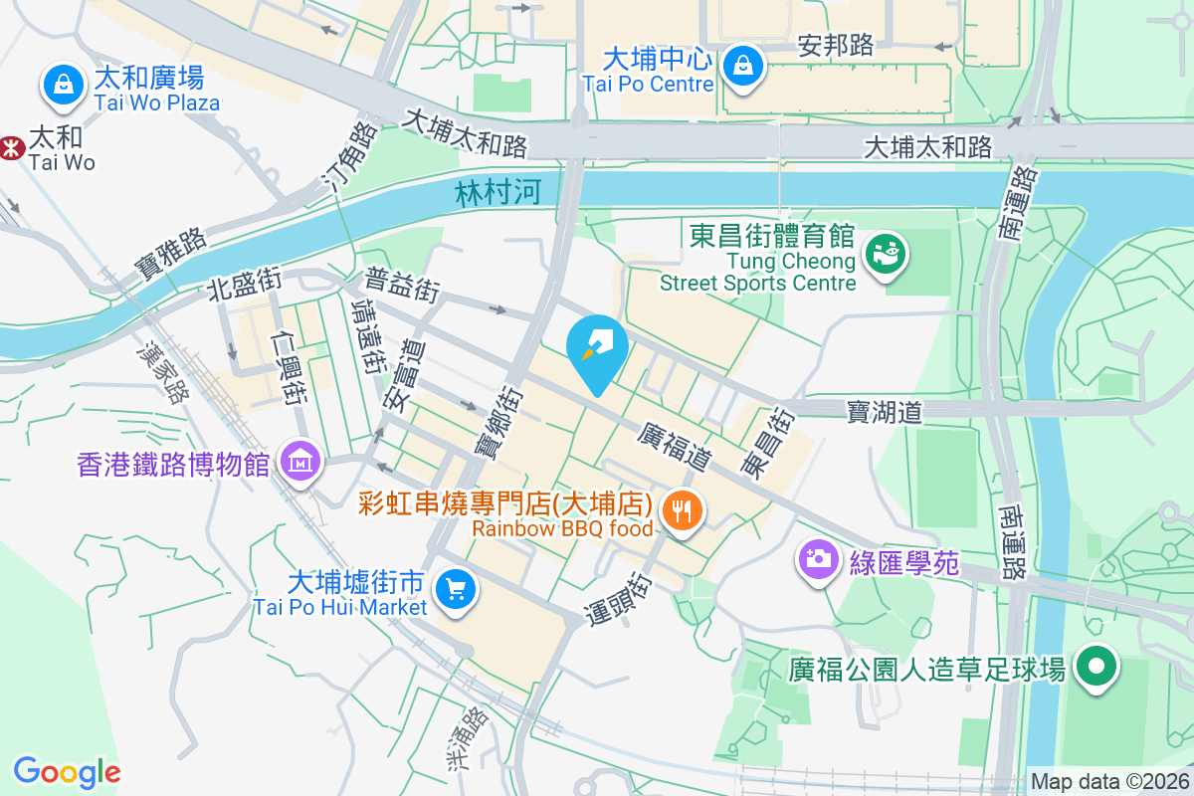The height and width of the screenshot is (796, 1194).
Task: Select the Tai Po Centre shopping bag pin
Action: (x=742, y=66)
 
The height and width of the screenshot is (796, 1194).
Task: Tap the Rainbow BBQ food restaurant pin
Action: (x=682, y=512)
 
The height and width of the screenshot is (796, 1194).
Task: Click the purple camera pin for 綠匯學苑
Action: (x=819, y=558)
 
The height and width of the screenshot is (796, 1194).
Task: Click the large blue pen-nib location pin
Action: (x=597, y=351)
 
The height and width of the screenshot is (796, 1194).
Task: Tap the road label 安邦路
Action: (x=836, y=45)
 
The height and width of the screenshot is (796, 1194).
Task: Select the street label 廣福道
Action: (x=675, y=447)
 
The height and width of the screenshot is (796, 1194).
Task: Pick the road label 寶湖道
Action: (x=885, y=410)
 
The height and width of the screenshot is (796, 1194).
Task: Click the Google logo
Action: (x=67, y=772)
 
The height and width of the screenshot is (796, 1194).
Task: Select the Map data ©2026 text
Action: (x=1108, y=782)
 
